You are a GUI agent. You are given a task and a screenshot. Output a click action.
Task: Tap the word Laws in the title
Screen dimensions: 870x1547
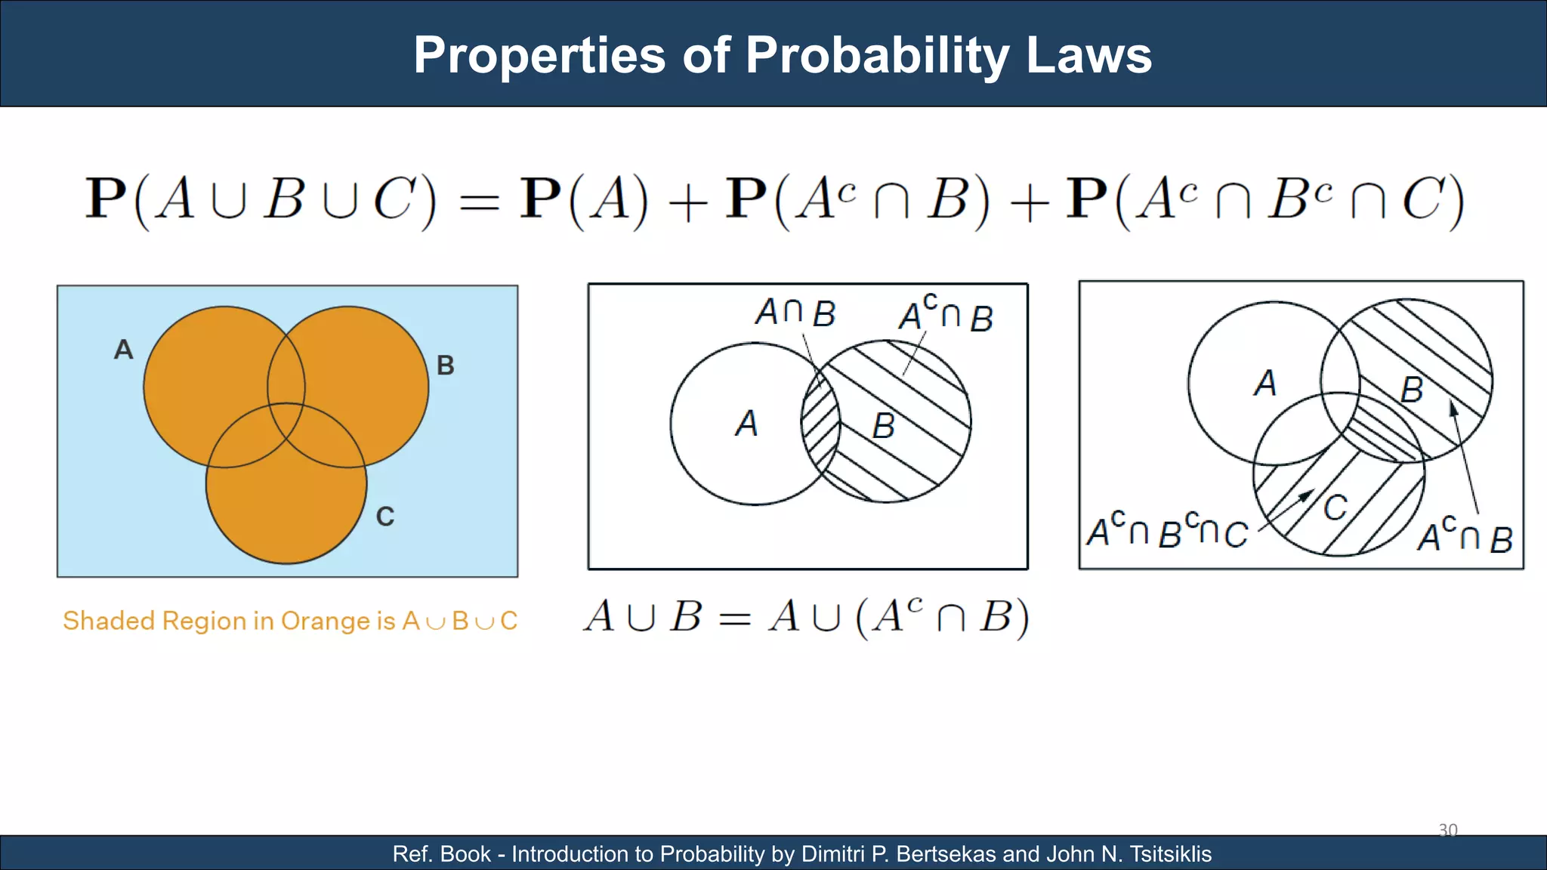pyautogui.click(x=1088, y=56)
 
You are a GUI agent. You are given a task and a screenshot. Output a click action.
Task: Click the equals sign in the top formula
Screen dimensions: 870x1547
pyautogui.click(x=480, y=202)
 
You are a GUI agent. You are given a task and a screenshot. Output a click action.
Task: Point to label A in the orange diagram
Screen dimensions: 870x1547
pyautogui.click(x=124, y=350)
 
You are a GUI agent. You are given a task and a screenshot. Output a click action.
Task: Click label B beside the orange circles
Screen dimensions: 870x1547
pyautogui.click(x=446, y=366)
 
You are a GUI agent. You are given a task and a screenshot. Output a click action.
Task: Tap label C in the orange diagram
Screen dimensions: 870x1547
pyautogui.click(x=385, y=517)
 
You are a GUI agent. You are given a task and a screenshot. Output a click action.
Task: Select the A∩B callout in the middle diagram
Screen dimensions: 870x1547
pyautogui.click(x=795, y=313)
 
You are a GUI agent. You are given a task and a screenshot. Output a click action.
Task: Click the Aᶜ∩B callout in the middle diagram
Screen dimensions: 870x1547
pyautogui.click(x=946, y=314)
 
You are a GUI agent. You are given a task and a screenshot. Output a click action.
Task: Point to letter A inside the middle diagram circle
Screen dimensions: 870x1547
pyautogui.click(x=746, y=424)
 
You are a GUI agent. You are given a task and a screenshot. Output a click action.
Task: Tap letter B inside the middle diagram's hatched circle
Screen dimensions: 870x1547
pyautogui.click(x=883, y=427)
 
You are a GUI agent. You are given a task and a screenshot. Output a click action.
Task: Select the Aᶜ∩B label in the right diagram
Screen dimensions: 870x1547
pyautogui.click(x=1465, y=535)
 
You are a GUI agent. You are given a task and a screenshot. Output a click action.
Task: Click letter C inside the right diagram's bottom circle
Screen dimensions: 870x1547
pyautogui.click(x=1335, y=507)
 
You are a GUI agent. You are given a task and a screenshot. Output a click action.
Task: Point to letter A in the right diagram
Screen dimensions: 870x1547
pyautogui.click(x=1265, y=383)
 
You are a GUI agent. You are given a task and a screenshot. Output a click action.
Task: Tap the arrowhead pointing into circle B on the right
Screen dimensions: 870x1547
pyautogui.click(x=1453, y=409)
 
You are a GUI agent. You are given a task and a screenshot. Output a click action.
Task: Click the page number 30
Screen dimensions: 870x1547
pyautogui.click(x=1447, y=830)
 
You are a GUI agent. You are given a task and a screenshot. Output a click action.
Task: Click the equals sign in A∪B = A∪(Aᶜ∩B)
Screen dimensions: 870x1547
pyautogui.click(x=734, y=619)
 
